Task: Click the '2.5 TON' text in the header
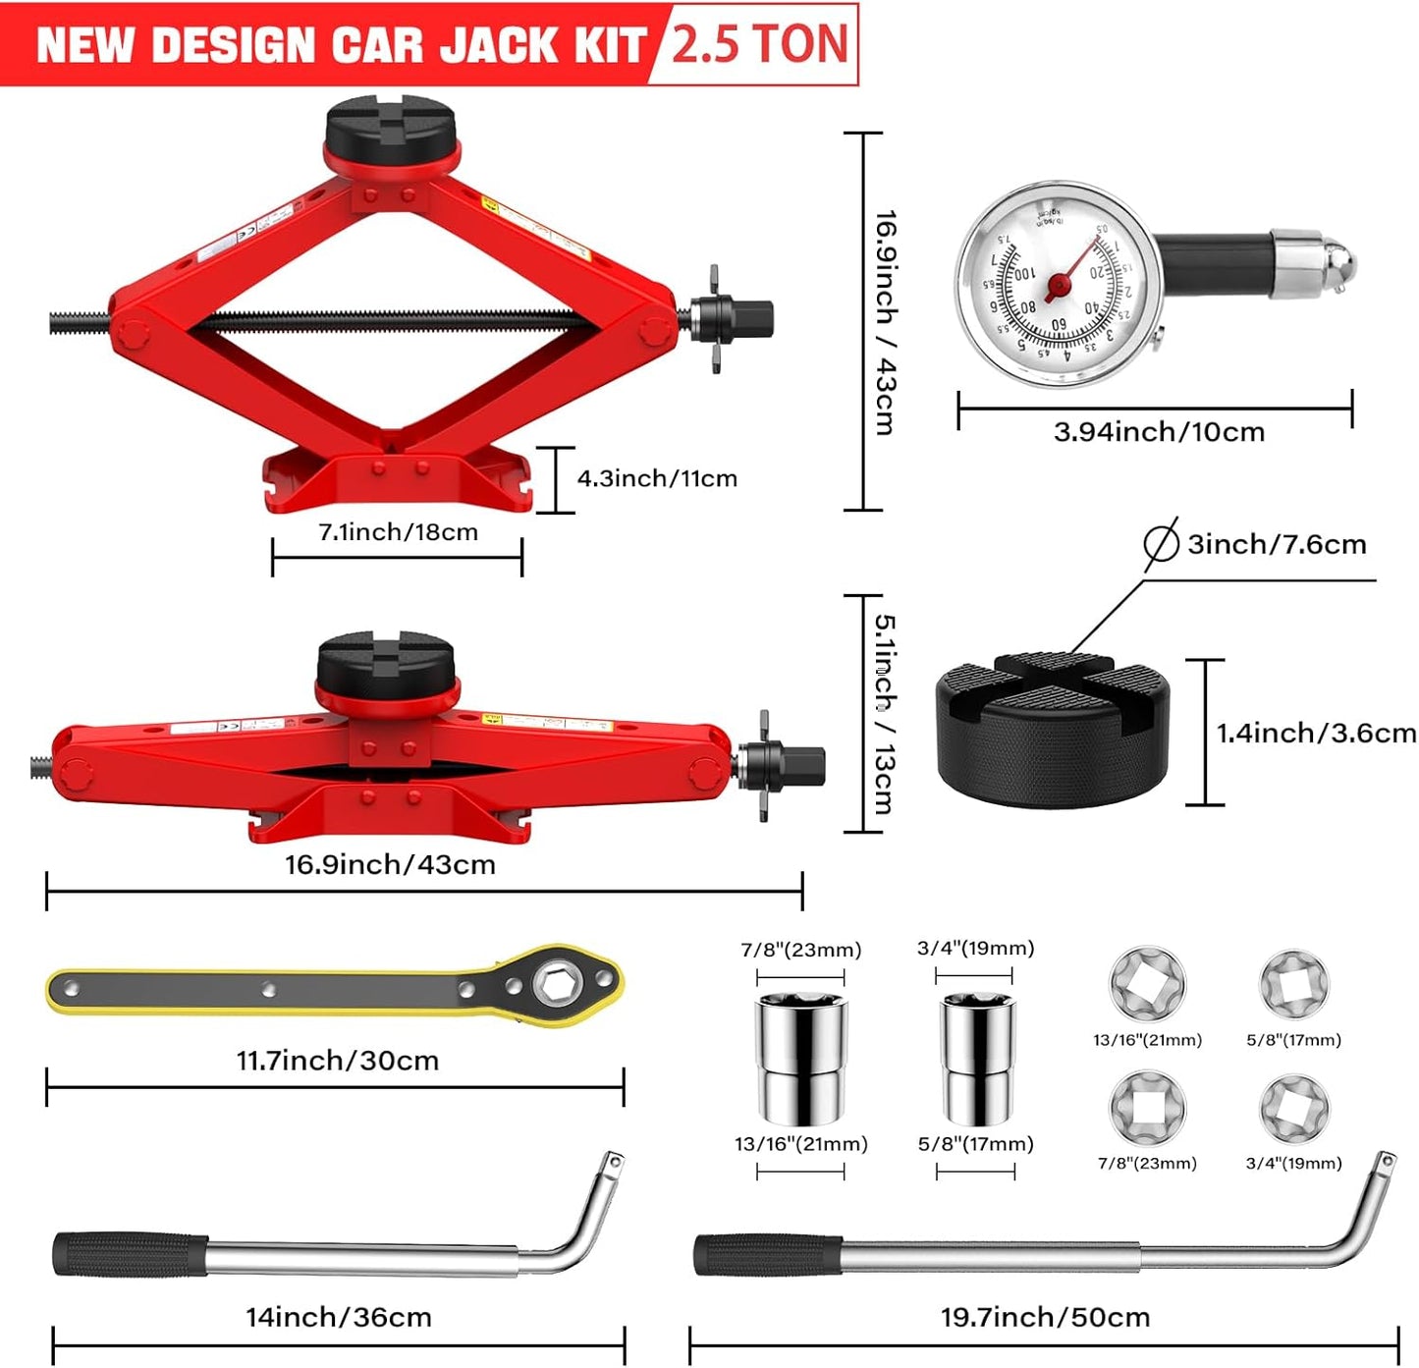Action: tap(758, 44)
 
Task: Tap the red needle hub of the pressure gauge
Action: tap(1058, 286)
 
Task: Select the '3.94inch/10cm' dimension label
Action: tap(1159, 432)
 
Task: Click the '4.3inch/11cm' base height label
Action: tap(657, 479)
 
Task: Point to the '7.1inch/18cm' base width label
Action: tap(398, 532)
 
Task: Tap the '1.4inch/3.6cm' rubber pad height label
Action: tap(1316, 733)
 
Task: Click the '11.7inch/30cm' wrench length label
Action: tap(337, 1061)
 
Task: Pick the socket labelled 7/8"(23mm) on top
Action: tap(800, 1059)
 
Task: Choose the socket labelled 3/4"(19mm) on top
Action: tap(976, 1059)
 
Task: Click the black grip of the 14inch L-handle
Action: tap(130, 1254)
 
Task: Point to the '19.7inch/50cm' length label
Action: tap(1045, 1317)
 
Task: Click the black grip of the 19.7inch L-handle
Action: tap(768, 1255)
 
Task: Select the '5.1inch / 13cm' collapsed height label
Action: tap(884, 714)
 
